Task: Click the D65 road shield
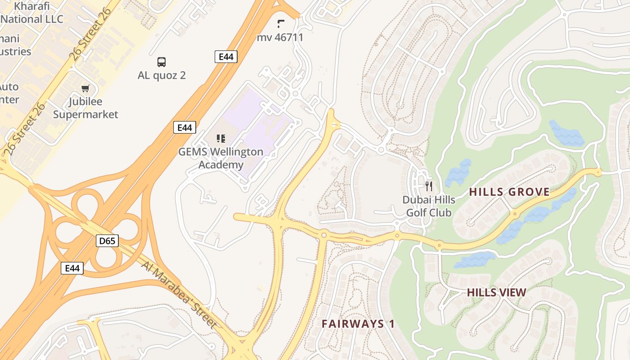(107, 241)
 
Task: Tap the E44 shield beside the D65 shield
(72, 268)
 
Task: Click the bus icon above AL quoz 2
(161, 62)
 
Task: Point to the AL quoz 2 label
(162, 75)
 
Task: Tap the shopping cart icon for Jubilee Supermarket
(85, 88)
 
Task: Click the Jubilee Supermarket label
(85, 108)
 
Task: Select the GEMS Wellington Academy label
(220, 158)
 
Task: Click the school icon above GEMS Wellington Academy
(220, 138)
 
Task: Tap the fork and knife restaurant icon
(429, 186)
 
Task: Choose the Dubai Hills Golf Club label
(429, 206)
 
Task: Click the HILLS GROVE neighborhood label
(509, 192)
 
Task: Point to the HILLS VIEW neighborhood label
(496, 292)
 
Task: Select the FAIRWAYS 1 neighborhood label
(358, 324)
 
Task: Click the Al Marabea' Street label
(179, 294)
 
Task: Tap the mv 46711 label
(280, 37)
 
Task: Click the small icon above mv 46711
(281, 23)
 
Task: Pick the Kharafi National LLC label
(31, 13)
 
